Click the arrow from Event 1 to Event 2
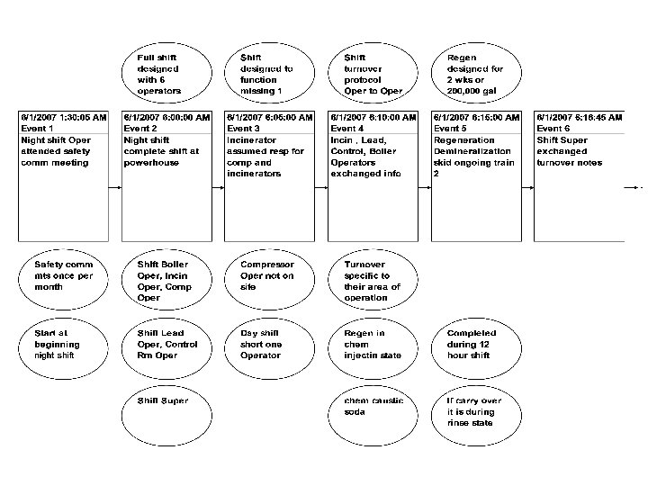[115, 188]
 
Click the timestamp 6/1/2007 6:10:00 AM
[373, 117]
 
